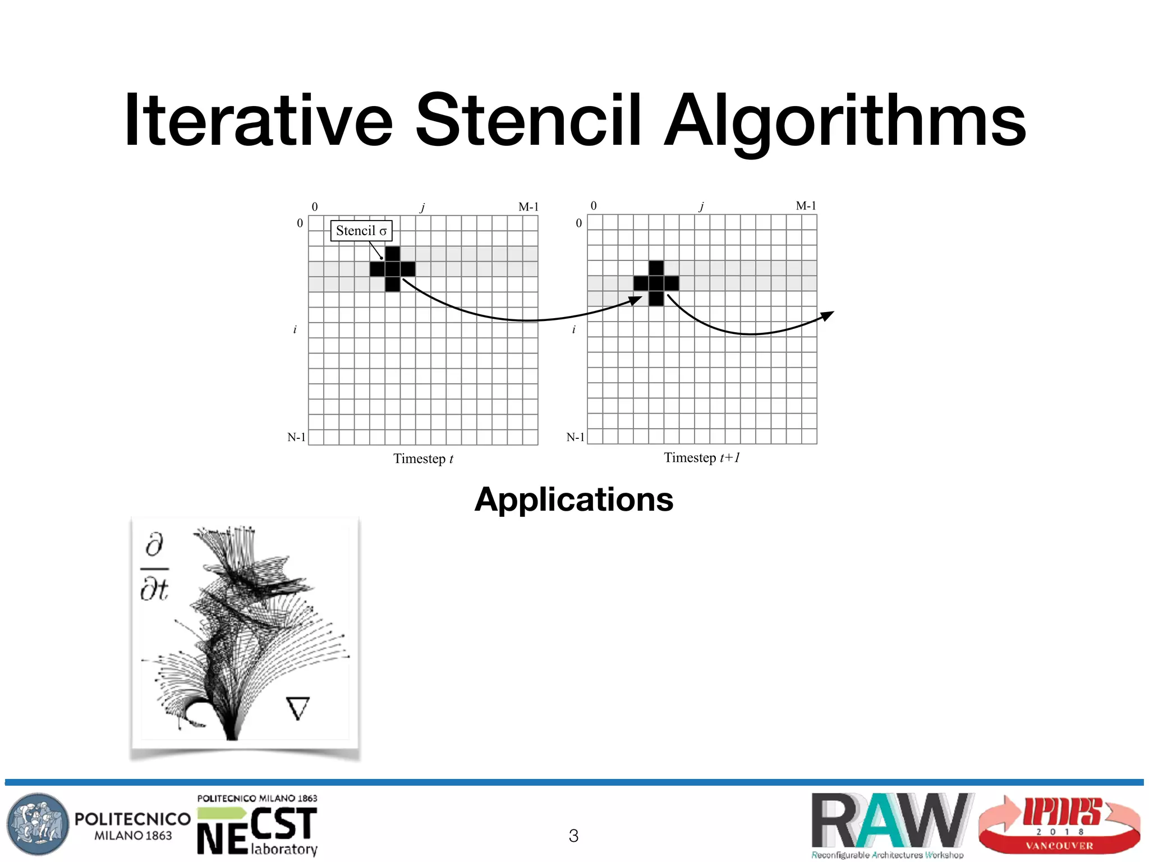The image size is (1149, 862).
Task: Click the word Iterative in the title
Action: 258,121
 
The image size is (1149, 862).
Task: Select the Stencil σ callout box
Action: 361,231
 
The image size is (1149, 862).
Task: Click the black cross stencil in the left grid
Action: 393,269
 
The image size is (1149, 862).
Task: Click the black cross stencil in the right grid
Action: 656,283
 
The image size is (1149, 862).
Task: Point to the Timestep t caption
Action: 423,459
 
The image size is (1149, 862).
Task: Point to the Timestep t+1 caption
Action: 702,458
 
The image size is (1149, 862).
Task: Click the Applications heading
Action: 573,499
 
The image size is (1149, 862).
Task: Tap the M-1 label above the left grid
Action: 528,207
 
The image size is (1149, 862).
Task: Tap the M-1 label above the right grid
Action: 806,206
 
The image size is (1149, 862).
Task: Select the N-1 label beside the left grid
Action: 296,437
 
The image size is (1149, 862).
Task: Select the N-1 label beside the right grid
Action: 575,437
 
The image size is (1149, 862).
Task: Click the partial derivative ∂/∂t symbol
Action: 154,567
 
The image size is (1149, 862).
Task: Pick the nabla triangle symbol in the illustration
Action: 297,708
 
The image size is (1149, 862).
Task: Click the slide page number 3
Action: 573,836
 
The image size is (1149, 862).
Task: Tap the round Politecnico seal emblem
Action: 38,824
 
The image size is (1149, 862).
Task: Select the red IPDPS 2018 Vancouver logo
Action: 1059,824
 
